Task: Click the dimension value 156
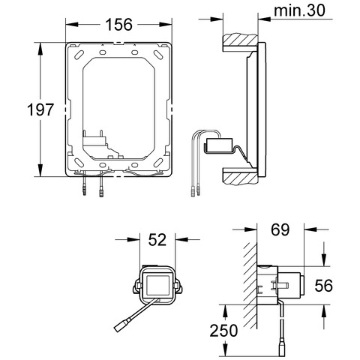[118, 25]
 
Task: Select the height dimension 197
[40, 109]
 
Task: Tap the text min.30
[299, 10]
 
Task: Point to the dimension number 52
[157, 239]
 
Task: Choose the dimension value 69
[280, 229]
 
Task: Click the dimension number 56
[324, 286]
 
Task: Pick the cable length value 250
[223, 331]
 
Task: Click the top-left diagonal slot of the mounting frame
[79, 55]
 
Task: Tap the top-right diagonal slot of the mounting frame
[158, 55]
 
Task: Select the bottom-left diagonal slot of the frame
[79, 163]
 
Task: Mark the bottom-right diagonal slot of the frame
[158, 163]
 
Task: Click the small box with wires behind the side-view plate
[219, 145]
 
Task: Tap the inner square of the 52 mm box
[157, 285]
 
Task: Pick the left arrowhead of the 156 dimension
[72, 24]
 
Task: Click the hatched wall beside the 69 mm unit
[250, 286]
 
